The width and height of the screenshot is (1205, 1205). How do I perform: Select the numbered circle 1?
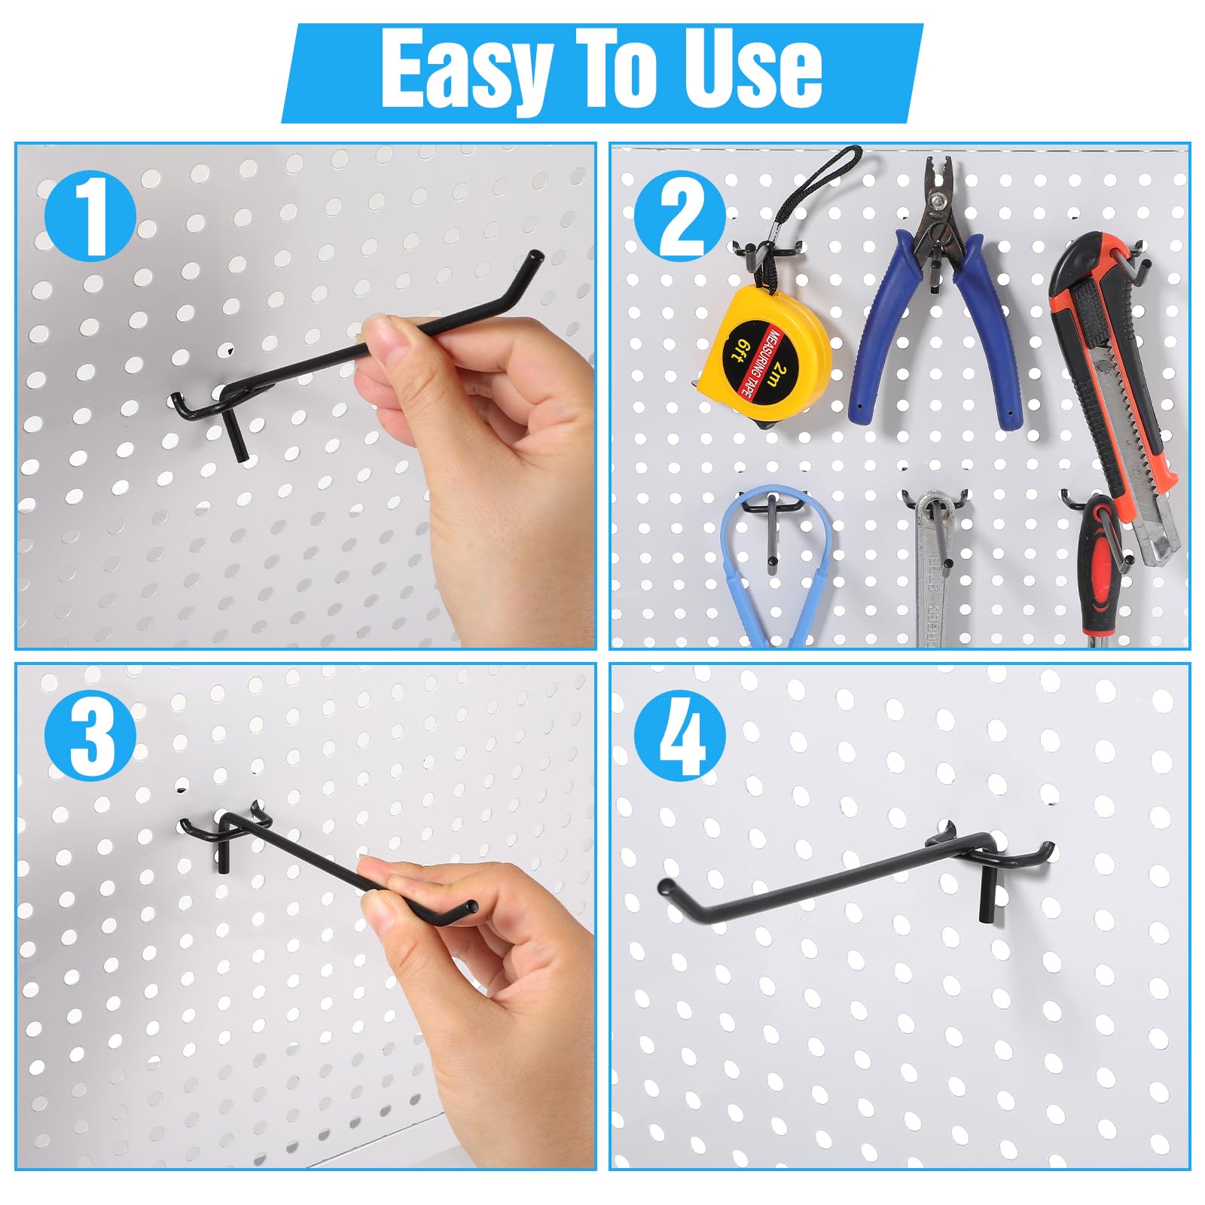90,215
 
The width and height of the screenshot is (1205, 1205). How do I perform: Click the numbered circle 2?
680,215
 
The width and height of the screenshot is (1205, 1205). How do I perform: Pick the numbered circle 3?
90,735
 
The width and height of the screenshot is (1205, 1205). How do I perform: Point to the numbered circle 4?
680,735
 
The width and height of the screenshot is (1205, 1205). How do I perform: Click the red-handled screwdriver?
1103,572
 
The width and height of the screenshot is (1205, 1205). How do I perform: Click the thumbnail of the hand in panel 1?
381,338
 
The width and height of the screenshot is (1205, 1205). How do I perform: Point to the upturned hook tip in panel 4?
667,889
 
